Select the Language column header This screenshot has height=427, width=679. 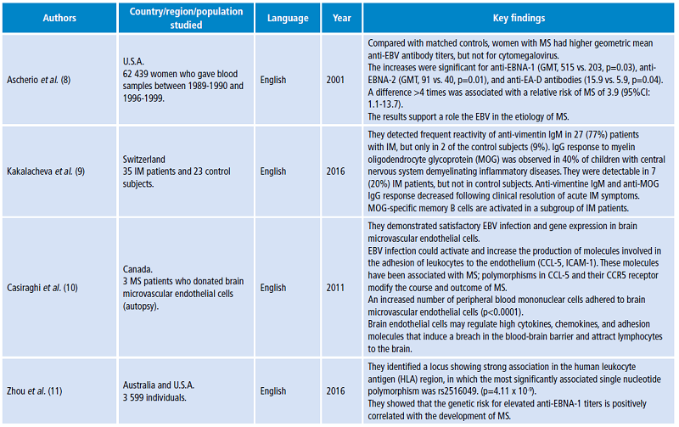tap(288, 17)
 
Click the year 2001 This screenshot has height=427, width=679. tap(337, 80)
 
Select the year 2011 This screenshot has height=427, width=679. tap(337, 288)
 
